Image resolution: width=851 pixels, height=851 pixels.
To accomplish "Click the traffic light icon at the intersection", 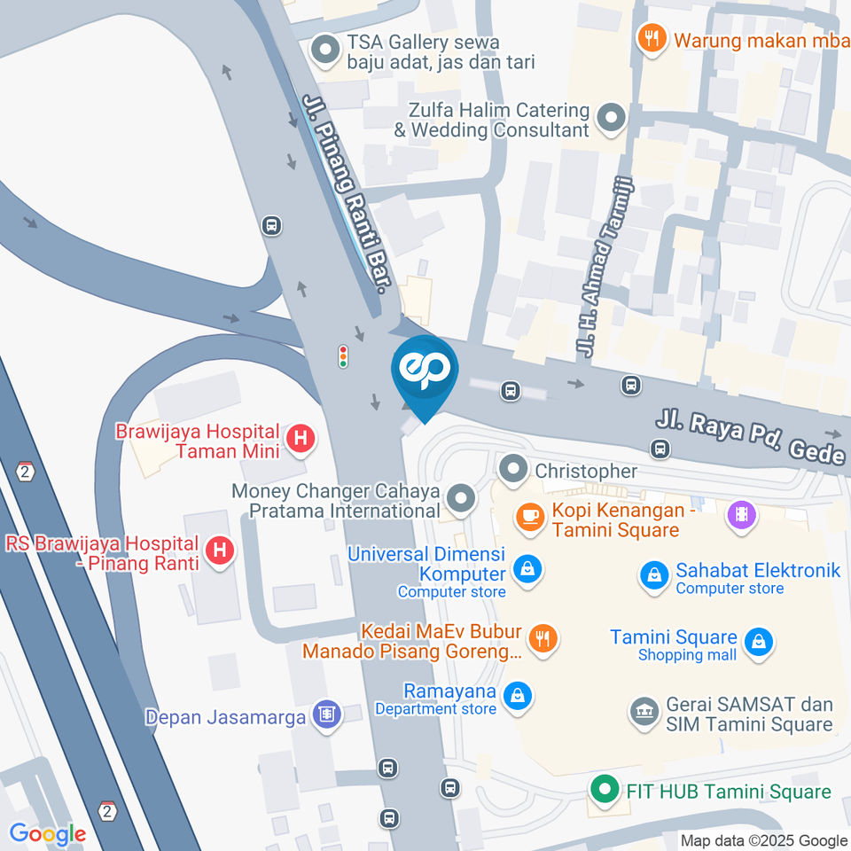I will [343, 356].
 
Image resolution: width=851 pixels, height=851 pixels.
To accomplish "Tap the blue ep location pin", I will [425, 372].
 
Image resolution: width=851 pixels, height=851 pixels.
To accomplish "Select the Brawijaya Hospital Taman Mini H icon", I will [301, 438].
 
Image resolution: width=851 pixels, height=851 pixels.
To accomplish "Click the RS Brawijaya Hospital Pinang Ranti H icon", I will [220, 551].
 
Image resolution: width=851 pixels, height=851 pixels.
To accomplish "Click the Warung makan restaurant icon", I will [652, 37].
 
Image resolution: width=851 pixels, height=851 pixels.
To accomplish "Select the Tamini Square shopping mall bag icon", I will [758, 642].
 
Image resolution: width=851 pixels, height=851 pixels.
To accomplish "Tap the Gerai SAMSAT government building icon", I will [643, 711].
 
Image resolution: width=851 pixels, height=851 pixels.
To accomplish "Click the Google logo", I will [47, 833].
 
